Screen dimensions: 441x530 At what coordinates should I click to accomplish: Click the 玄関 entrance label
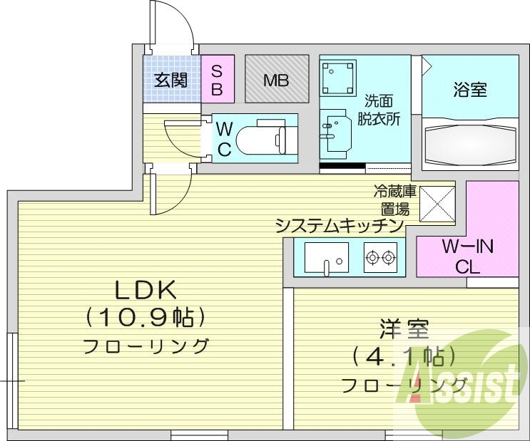point(170,80)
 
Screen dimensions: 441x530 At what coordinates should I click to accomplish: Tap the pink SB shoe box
point(218,80)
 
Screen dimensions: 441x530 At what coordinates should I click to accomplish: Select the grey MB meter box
point(276,80)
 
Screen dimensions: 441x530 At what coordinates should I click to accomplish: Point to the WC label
point(224,140)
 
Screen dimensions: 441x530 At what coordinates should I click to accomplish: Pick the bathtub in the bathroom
point(468,142)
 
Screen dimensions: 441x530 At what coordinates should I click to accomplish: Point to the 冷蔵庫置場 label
point(392,200)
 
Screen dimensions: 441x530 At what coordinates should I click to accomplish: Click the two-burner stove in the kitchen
point(380,258)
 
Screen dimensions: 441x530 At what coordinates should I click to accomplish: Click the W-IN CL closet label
point(468,257)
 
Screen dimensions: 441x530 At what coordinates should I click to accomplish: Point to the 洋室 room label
point(403,331)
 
